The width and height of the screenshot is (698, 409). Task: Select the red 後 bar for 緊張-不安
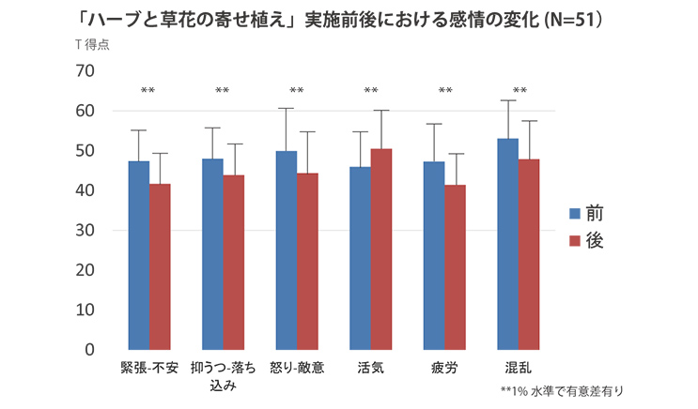(161, 266)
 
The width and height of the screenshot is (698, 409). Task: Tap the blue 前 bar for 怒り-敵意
(287, 250)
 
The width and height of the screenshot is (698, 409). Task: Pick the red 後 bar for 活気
(381, 249)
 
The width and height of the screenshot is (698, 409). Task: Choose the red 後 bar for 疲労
(456, 266)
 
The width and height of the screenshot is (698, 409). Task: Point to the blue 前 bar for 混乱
(507, 244)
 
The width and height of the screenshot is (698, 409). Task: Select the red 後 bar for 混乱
(529, 253)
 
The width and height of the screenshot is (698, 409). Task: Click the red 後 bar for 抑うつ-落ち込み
(234, 262)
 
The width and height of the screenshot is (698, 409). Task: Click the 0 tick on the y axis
(89, 349)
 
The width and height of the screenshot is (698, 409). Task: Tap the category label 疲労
(444, 367)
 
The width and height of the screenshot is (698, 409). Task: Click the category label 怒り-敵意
(297, 367)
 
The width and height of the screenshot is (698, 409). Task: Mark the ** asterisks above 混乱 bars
(520, 91)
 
